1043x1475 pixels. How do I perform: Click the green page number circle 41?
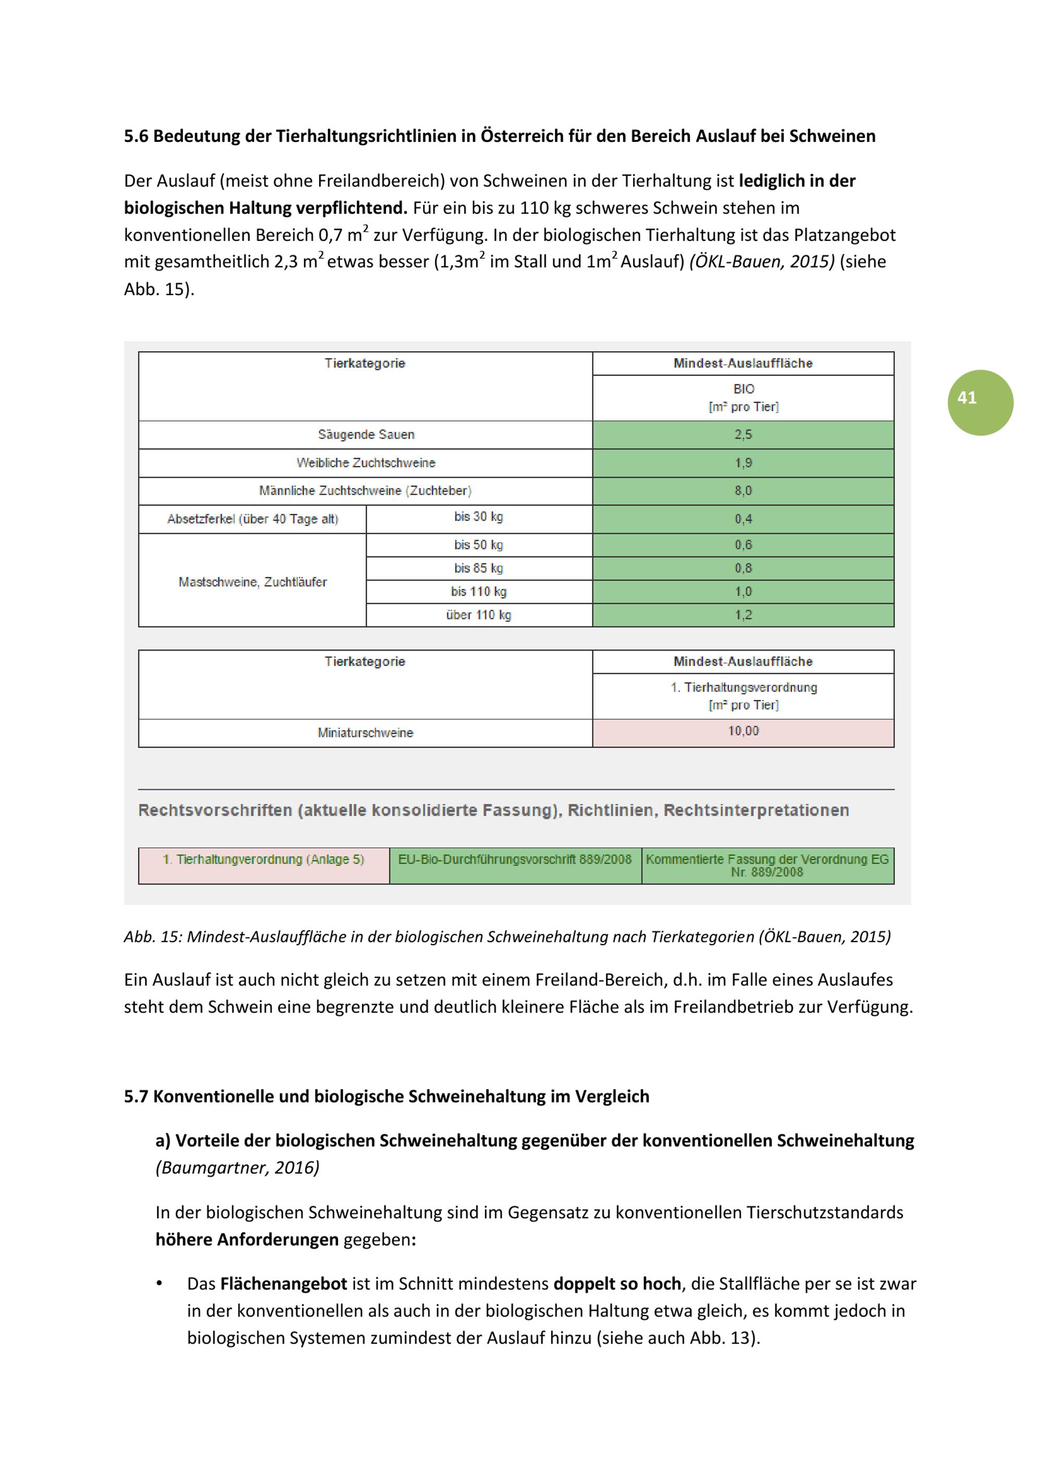tap(979, 402)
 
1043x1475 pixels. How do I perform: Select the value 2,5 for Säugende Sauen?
tap(743, 435)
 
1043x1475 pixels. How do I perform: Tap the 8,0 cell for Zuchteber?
tap(743, 491)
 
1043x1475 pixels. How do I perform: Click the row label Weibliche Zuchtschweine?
tap(366, 463)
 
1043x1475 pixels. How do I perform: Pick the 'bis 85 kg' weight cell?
tap(478, 568)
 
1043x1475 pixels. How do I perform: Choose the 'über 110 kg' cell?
tap(478, 615)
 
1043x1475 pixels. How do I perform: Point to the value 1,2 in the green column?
tap(743, 615)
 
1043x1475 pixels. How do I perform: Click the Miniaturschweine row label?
tap(366, 732)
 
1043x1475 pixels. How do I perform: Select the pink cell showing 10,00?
tap(743, 731)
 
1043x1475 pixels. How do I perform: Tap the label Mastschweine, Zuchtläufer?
tap(252, 582)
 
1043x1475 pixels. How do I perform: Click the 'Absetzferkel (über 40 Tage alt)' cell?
tap(252, 519)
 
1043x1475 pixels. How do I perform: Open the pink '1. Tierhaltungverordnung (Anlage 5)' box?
tap(263, 860)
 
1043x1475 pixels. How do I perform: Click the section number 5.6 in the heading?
tap(136, 136)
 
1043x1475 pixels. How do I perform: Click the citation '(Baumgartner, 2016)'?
tap(237, 1167)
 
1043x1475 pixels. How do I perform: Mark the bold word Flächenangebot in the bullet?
tap(283, 1284)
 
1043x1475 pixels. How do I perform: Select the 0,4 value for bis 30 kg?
tap(743, 519)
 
